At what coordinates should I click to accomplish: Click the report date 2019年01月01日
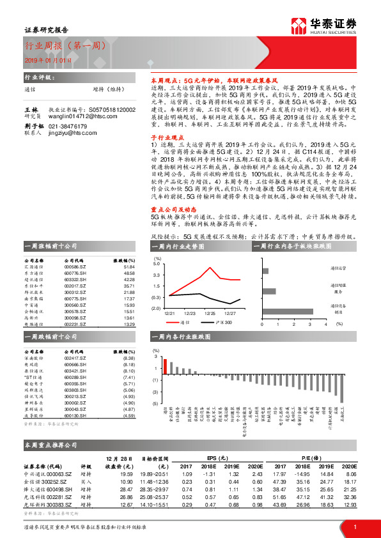coord(45,59)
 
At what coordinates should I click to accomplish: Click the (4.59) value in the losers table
coord(129,416)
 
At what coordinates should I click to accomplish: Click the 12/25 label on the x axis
coord(210,314)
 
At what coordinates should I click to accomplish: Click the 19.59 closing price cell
coord(125,474)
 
